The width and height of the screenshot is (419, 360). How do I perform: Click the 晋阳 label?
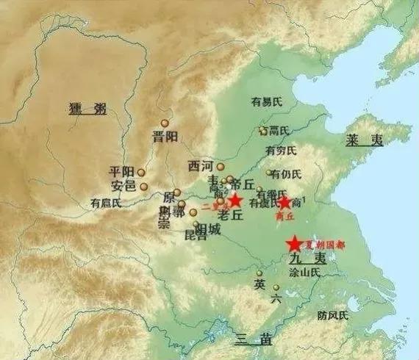[165, 137]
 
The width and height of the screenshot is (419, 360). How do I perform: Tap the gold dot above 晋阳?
[165, 123]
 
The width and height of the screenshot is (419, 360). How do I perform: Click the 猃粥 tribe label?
[86, 109]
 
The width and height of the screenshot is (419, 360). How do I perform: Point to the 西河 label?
[202, 166]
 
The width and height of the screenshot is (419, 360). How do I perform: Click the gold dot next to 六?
[276, 288]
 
